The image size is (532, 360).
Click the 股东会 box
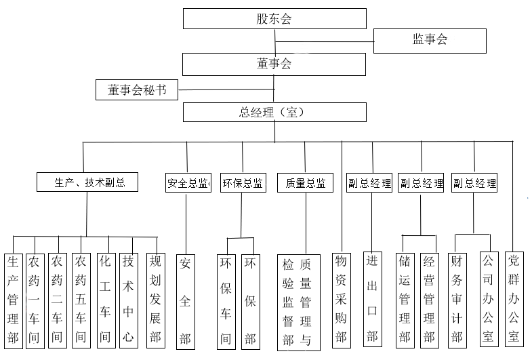[274, 19]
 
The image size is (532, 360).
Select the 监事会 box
[430, 40]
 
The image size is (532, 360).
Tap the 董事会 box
[274, 64]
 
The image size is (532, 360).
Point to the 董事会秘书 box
[138, 89]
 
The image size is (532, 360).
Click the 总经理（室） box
[274, 112]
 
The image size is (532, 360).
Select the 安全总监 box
[188, 183]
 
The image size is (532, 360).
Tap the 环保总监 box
[242, 183]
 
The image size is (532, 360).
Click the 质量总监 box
[305, 183]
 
